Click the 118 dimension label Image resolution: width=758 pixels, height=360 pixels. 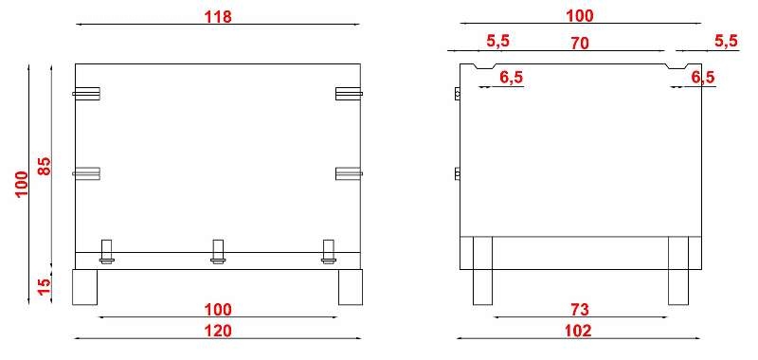218,16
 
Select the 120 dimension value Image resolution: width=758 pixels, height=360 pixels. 218,331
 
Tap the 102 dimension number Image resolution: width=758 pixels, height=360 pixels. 578,331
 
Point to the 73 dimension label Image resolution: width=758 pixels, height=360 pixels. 579,309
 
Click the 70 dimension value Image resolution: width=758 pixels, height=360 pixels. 580,43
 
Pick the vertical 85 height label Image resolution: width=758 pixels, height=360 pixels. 44,166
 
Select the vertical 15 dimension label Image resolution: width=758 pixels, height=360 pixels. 44,286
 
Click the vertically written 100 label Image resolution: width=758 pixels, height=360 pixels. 21,184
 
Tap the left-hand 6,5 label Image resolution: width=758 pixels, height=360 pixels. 512,78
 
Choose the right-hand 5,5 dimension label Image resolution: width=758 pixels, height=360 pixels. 727,41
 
